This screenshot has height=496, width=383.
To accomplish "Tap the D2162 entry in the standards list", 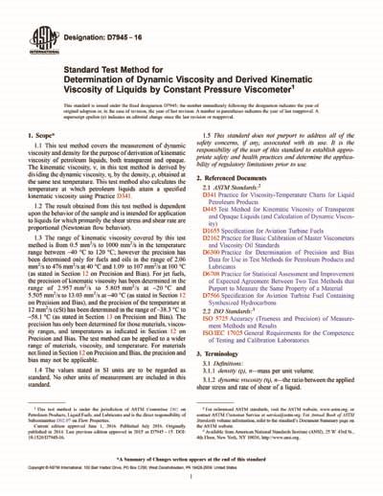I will [212, 240].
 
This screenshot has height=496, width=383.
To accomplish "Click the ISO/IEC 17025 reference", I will [222, 335].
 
